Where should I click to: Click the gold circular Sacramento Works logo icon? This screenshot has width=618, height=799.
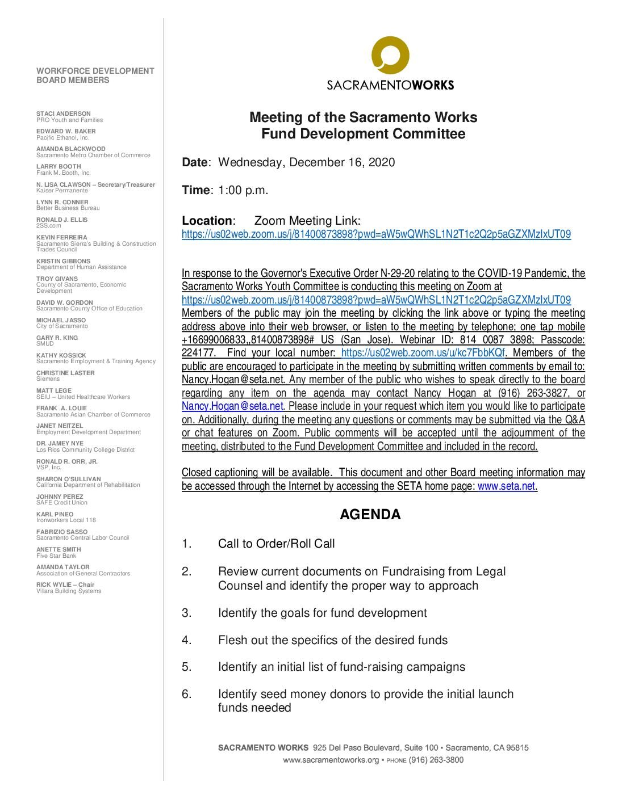(x=390, y=55)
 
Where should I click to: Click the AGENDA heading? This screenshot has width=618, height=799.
(x=370, y=515)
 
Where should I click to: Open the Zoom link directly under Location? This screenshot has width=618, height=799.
(x=376, y=234)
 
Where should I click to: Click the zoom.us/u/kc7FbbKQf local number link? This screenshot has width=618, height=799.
(x=423, y=353)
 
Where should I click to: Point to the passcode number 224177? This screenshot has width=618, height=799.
(x=198, y=353)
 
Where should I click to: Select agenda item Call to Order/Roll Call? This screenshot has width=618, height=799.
(x=276, y=544)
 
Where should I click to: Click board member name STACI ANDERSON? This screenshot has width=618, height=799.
(x=64, y=113)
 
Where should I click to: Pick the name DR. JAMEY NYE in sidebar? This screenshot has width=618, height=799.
(x=60, y=443)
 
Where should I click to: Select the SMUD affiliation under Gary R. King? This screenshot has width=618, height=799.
(x=45, y=344)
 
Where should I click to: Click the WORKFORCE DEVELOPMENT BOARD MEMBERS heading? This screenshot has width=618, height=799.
(x=95, y=75)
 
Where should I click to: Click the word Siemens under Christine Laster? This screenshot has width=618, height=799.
(x=48, y=379)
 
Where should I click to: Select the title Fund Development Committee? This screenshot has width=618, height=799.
(x=363, y=134)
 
